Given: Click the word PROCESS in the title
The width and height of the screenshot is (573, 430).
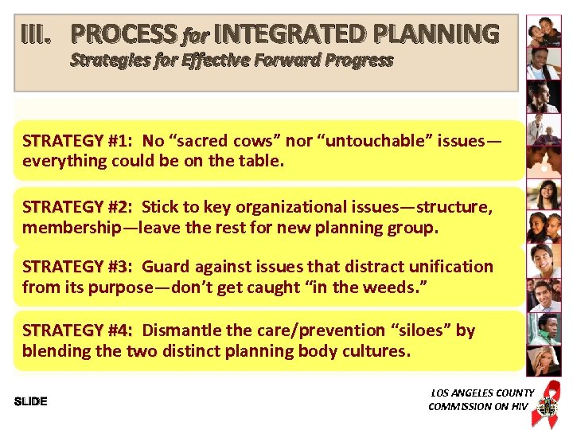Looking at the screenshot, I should point(124,34).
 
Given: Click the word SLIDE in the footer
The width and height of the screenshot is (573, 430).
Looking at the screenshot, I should point(31,401).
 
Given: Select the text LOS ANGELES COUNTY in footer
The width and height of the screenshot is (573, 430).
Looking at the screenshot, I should point(482,393).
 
